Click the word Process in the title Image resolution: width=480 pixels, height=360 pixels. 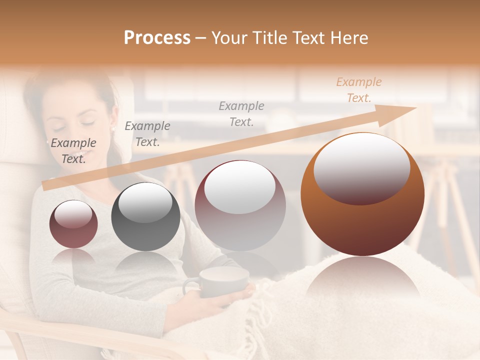(157, 38)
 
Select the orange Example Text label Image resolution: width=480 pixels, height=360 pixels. (358, 90)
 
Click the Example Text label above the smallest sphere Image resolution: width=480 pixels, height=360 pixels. (73, 151)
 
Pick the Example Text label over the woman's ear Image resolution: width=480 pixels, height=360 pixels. (147, 134)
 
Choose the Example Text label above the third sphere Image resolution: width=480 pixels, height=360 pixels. (241, 113)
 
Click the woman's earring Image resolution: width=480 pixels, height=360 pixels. (112, 128)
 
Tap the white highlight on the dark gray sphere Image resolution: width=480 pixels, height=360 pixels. (145, 202)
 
